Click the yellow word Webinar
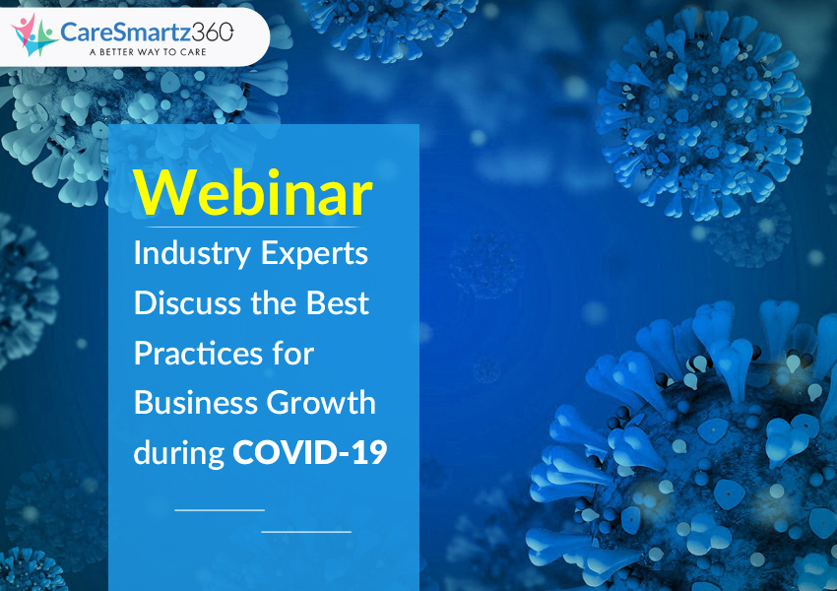(x=253, y=193)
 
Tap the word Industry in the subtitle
(x=192, y=254)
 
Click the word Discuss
(x=188, y=303)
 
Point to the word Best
(x=338, y=303)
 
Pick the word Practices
(x=198, y=354)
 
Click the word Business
(x=195, y=403)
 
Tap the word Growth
(x=321, y=403)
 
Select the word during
(x=179, y=454)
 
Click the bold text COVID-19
(x=310, y=452)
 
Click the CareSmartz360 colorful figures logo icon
(x=33, y=34)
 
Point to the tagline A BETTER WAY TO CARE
(x=148, y=52)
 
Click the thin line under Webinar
(x=253, y=227)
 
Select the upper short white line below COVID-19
(x=220, y=510)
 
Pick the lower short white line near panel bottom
(x=306, y=532)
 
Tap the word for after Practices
(x=293, y=354)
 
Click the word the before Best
(x=274, y=303)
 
